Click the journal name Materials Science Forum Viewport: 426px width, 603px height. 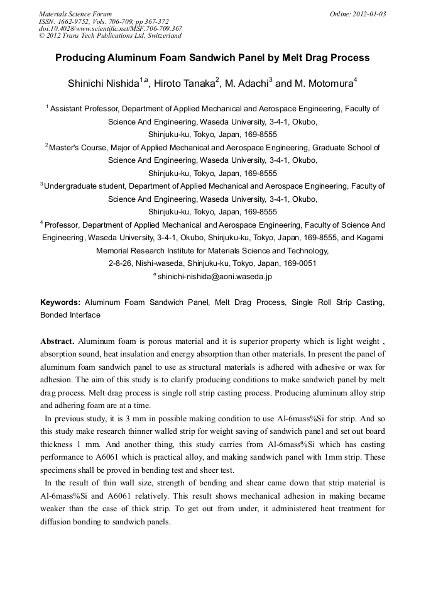tap(75, 13)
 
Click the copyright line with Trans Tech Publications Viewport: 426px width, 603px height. tap(111, 36)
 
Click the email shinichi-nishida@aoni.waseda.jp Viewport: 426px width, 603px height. tap(214, 276)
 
